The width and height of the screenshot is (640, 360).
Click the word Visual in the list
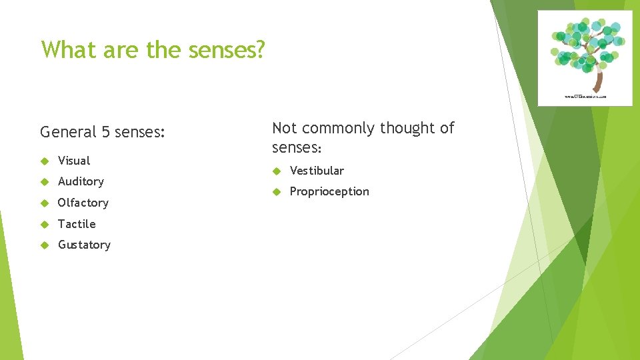pyautogui.click(x=74, y=161)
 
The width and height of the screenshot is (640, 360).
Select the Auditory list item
pyautogui.click(x=81, y=181)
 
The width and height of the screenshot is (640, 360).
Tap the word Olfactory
pyautogui.click(x=83, y=203)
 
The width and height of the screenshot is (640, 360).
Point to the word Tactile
pyautogui.click(x=77, y=224)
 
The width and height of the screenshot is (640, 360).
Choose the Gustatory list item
pyautogui.click(x=84, y=245)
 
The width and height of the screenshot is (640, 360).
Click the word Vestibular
pyautogui.click(x=317, y=171)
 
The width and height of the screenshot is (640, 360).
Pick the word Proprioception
pyautogui.click(x=329, y=191)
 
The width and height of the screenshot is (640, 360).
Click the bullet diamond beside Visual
pyautogui.click(x=45, y=161)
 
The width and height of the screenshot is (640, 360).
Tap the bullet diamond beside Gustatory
pyautogui.click(x=45, y=245)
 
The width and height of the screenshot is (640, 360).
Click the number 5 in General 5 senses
pyautogui.click(x=106, y=132)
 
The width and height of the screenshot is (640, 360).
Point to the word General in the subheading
pyautogui.click(x=69, y=132)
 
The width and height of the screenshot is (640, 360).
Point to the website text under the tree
pyautogui.click(x=593, y=97)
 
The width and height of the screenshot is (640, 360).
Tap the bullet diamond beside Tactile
pyautogui.click(x=45, y=224)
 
